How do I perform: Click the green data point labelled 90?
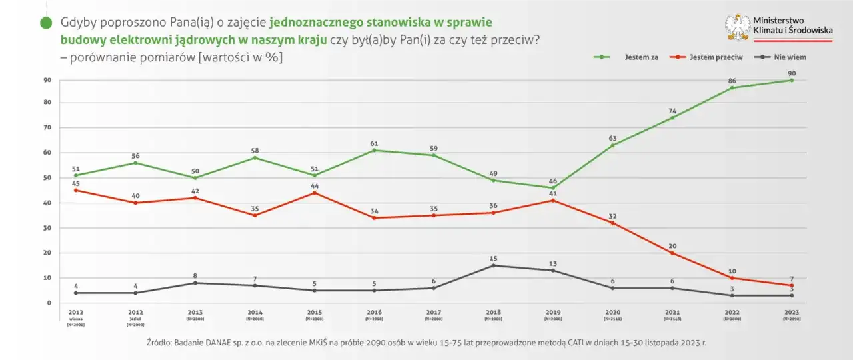(792, 80)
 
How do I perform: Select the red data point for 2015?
(315, 193)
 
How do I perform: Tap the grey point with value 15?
(493, 265)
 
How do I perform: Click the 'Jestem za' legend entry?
(636, 57)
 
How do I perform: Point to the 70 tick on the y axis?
(47, 127)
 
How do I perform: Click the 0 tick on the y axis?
(49, 303)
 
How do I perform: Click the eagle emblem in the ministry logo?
(738, 28)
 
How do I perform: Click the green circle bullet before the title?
(46, 23)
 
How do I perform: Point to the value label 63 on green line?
(613, 138)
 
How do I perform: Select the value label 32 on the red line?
(613, 215)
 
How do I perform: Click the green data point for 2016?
(375, 150)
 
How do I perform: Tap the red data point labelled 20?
(672, 253)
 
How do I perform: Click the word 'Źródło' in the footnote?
(160, 343)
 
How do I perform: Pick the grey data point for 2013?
(195, 283)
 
